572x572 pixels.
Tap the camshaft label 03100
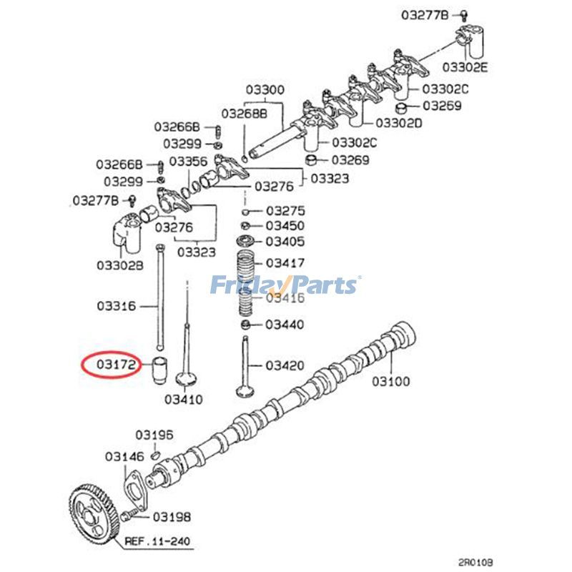click(390, 381)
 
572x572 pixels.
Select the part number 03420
click(285, 365)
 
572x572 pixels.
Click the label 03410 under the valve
click(184, 398)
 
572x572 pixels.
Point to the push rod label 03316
click(117, 306)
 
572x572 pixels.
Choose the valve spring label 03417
click(285, 263)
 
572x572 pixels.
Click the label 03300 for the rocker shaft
click(265, 90)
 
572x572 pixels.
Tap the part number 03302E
click(465, 68)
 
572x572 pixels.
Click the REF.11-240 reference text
click(158, 541)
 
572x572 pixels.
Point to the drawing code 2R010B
click(477, 563)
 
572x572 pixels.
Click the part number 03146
click(124, 455)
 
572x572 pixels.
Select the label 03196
click(155, 435)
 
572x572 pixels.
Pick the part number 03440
click(285, 325)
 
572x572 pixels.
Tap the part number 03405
click(285, 242)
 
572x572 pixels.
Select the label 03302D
click(399, 123)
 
